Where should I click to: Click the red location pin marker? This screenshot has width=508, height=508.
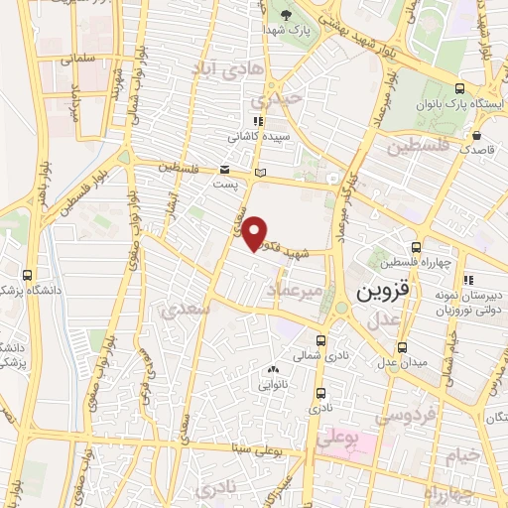(x=256, y=231)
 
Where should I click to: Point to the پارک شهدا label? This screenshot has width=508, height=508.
(x=286, y=30)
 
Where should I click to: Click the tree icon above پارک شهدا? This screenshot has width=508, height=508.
(x=286, y=15)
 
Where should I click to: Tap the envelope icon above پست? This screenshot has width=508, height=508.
(x=226, y=169)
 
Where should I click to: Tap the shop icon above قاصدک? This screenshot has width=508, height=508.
(x=477, y=135)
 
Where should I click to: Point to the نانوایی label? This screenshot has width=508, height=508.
(x=273, y=381)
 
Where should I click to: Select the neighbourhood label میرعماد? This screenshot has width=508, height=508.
(x=295, y=288)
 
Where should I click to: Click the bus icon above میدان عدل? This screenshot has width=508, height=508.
(x=401, y=347)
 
